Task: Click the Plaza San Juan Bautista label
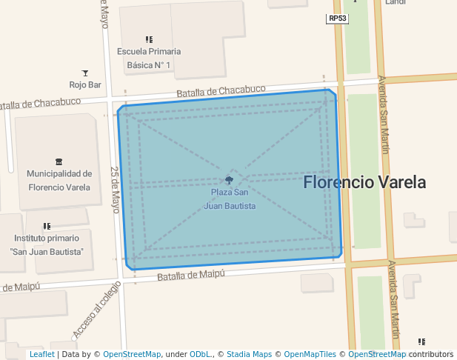[x=230, y=199]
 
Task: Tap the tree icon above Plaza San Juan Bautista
[x=230, y=180]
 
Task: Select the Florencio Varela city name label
[x=364, y=182]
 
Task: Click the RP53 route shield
[x=337, y=19]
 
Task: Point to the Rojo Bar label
[x=85, y=84]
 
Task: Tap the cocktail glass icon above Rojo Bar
[x=85, y=73]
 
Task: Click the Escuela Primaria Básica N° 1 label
[x=149, y=59]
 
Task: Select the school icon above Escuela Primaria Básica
[x=149, y=39]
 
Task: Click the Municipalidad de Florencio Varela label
[x=59, y=181]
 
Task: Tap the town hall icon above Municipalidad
[x=59, y=161]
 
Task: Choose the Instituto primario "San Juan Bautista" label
[x=47, y=245]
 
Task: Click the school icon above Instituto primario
[x=47, y=226]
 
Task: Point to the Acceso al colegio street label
[x=96, y=310]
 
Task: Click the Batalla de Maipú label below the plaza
[x=192, y=276]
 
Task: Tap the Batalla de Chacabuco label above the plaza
[x=221, y=91]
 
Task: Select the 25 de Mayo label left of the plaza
[x=116, y=190]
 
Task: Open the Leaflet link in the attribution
[x=41, y=355]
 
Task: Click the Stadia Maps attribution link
[x=249, y=355]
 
